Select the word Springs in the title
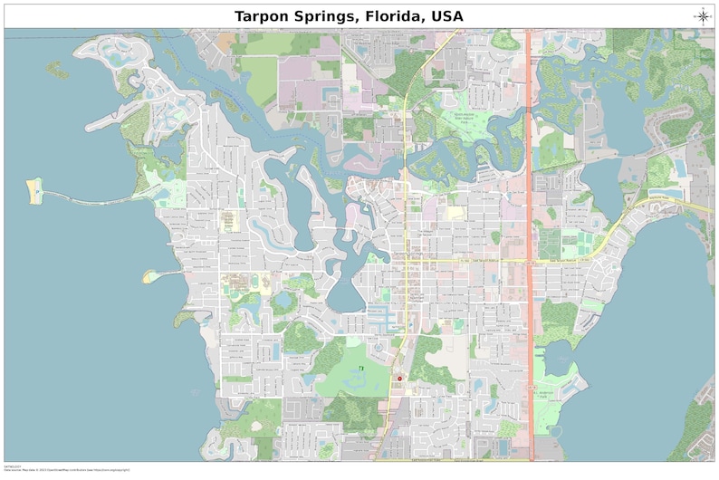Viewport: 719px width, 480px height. tap(349, 15)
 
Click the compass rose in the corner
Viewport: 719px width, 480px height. tap(703, 14)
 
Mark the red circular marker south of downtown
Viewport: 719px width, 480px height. tap(399, 378)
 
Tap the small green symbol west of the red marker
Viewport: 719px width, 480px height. tap(360, 368)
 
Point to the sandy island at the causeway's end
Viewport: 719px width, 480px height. tap(34, 191)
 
